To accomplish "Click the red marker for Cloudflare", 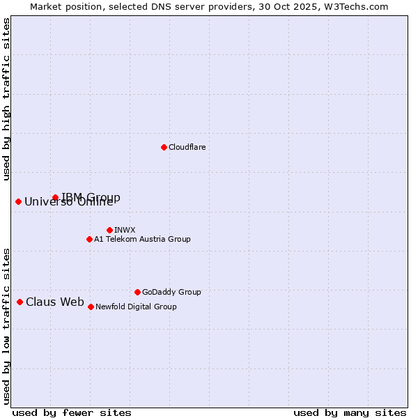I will coord(164,147).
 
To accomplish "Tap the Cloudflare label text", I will coord(187,147).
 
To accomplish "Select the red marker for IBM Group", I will coord(55,197).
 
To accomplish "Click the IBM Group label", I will coord(91,197).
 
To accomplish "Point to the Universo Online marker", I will coord(18,201).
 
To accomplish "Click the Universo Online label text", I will coord(68,202).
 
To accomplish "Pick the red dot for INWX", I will coord(109,230).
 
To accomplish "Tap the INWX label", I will coord(125,230).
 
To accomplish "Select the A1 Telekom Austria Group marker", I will coord(89,239).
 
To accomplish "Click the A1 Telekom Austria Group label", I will coord(142,239).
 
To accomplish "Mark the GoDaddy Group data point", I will coord(137,292).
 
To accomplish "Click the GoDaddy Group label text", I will coord(171,292).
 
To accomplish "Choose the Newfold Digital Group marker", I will coord(91,307).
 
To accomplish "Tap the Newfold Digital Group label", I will coord(136,307).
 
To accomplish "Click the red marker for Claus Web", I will coord(20,302).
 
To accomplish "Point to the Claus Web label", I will coord(55,302).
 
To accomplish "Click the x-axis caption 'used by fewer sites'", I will coord(72,412).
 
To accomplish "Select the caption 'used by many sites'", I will coord(350,412).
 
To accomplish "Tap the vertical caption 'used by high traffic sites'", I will coord(7,99).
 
